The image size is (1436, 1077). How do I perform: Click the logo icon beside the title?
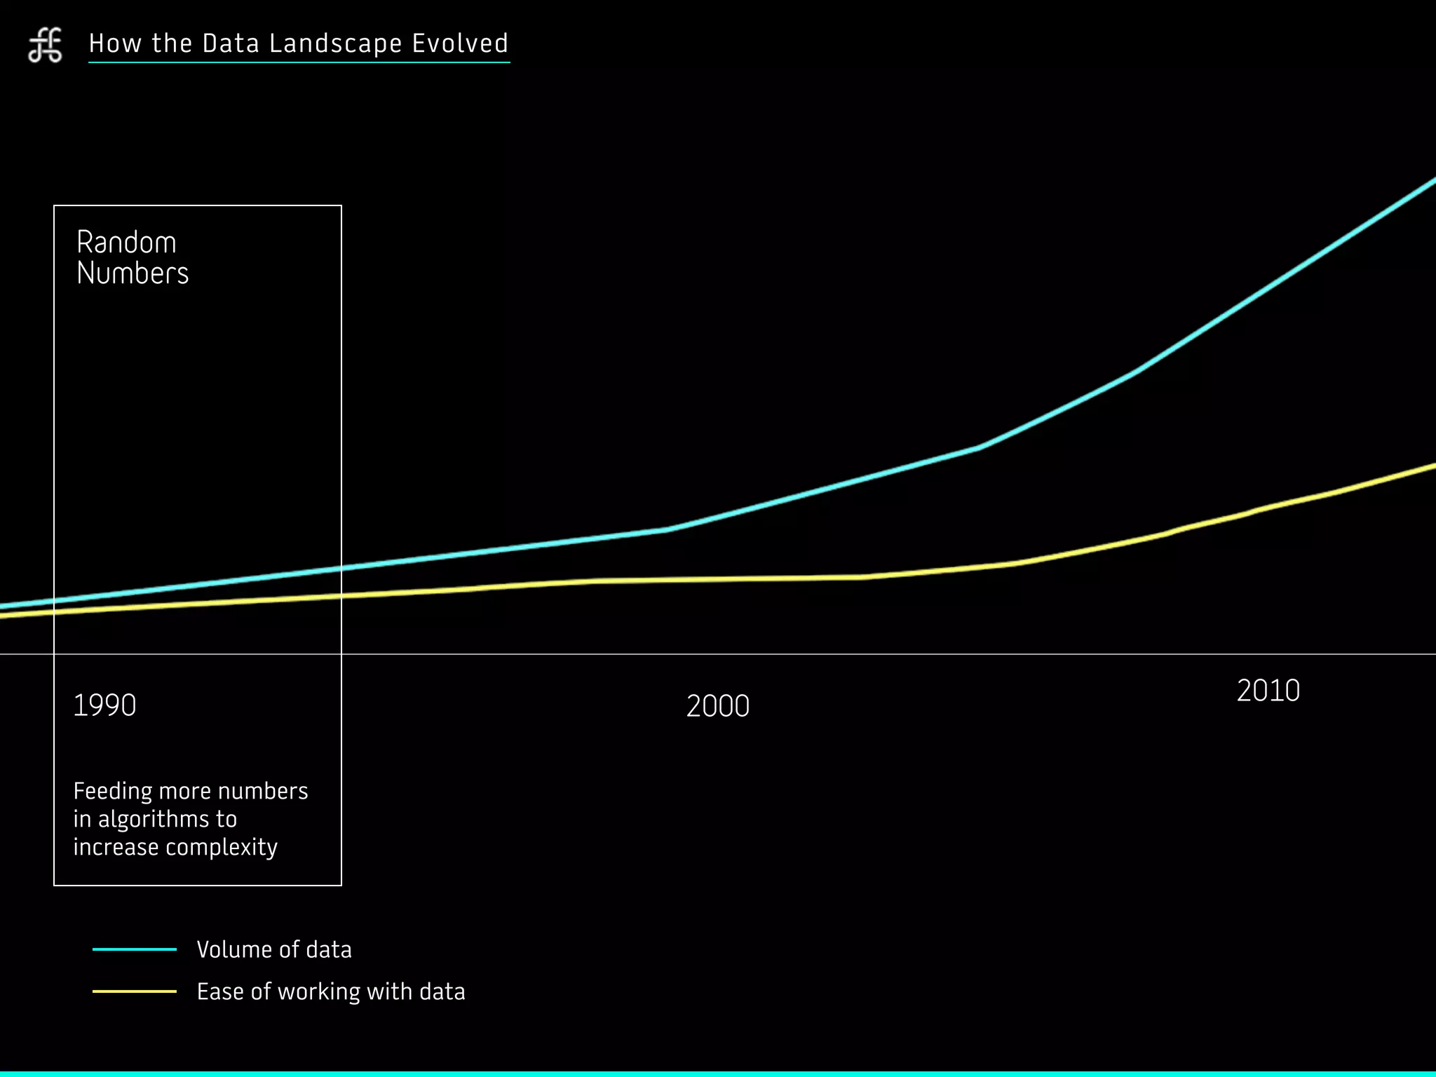pyautogui.click(x=45, y=46)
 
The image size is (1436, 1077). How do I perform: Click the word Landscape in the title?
pyautogui.click(x=335, y=44)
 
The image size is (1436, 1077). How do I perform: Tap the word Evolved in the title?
pyautogui.click(x=460, y=43)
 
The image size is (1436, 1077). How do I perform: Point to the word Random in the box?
pyautogui.click(x=126, y=243)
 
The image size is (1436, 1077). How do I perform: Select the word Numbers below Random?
pyautogui.click(x=133, y=273)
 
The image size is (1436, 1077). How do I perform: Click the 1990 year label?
pyautogui.click(x=104, y=705)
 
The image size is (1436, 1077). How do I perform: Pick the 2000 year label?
pyautogui.click(x=718, y=706)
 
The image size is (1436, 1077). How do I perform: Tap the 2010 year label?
pyautogui.click(x=1268, y=691)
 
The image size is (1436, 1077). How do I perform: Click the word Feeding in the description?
pyautogui.click(x=113, y=792)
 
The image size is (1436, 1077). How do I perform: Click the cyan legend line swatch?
pyautogui.click(x=135, y=949)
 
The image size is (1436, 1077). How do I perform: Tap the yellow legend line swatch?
pyautogui.click(x=135, y=991)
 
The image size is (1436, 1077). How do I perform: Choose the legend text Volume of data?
pyautogui.click(x=274, y=949)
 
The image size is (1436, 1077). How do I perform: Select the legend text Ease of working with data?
pyautogui.click(x=331, y=991)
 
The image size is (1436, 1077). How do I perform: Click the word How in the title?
pyautogui.click(x=115, y=43)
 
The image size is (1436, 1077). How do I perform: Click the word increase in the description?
pyautogui.click(x=116, y=848)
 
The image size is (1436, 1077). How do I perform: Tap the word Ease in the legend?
pyautogui.click(x=220, y=991)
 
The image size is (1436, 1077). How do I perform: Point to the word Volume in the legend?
pyautogui.click(x=234, y=949)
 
